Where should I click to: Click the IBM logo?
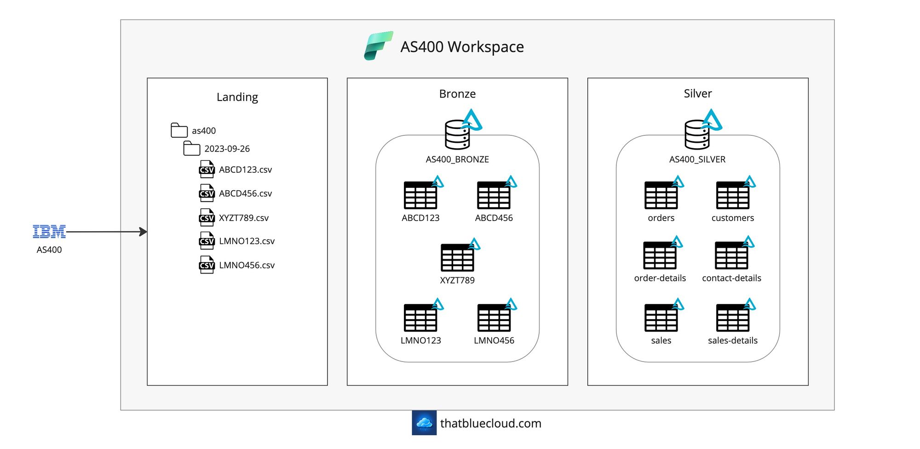pyautogui.click(x=49, y=232)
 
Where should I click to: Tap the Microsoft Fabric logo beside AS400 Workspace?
pyautogui.click(x=378, y=46)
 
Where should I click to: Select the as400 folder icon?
pyautogui.click(x=179, y=130)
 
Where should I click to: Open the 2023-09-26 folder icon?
pyautogui.click(x=191, y=148)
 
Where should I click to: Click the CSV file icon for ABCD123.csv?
pyautogui.click(x=207, y=169)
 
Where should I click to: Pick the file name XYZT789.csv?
pyautogui.click(x=244, y=218)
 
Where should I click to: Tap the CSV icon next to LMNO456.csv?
pyautogui.click(x=207, y=265)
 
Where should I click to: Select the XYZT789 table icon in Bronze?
pyautogui.click(x=458, y=257)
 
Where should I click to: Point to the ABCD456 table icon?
pyautogui.click(x=494, y=195)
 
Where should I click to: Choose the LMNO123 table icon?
pyautogui.click(x=421, y=318)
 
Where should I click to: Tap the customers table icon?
pyautogui.click(x=733, y=195)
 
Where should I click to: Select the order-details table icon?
pyautogui.click(x=660, y=256)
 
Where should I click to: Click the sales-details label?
pyautogui.click(x=733, y=341)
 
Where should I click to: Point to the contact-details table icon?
pyautogui.click(x=732, y=256)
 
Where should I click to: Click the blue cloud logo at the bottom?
pyautogui.click(x=424, y=423)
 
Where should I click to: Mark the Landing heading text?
pyautogui.click(x=237, y=97)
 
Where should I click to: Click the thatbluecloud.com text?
pyautogui.click(x=491, y=423)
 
